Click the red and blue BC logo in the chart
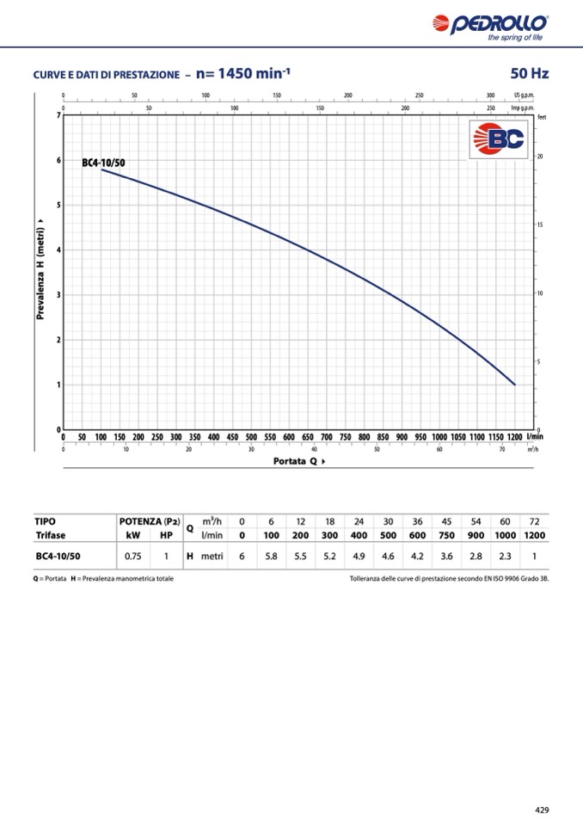pos(499,139)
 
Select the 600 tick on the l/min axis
pos(289,437)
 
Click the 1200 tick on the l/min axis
pos(514,437)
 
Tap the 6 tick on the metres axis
pos(58,161)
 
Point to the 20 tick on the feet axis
pos(540,157)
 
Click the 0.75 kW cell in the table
pos(133,557)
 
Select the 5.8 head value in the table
pos(271,557)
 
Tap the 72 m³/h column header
pos(534,521)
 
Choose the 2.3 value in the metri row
pos(505,557)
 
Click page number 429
pos(542,810)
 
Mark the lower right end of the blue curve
pos(514,385)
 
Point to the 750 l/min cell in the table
pos(446,535)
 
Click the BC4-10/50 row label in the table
pos(57,557)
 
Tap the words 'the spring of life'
pos(514,38)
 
